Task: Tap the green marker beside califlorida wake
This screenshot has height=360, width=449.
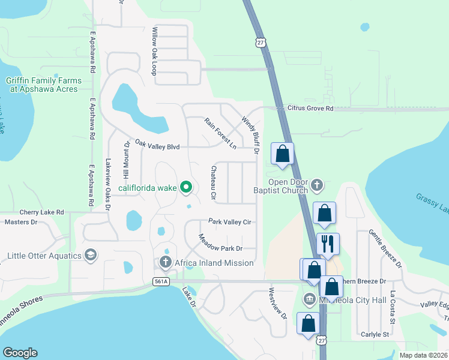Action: tap(185, 188)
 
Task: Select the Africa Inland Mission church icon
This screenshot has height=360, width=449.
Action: tap(166, 262)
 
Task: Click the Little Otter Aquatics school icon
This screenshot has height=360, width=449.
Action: tap(91, 256)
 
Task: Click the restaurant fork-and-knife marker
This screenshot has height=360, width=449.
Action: tap(328, 244)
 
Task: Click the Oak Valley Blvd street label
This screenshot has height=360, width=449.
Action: tap(157, 144)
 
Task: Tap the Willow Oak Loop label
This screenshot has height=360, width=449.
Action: tap(155, 51)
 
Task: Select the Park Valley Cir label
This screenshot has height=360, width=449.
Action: tap(229, 221)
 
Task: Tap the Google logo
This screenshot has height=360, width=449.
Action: tap(20, 353)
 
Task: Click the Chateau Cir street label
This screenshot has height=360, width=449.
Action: tap(213, 182)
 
